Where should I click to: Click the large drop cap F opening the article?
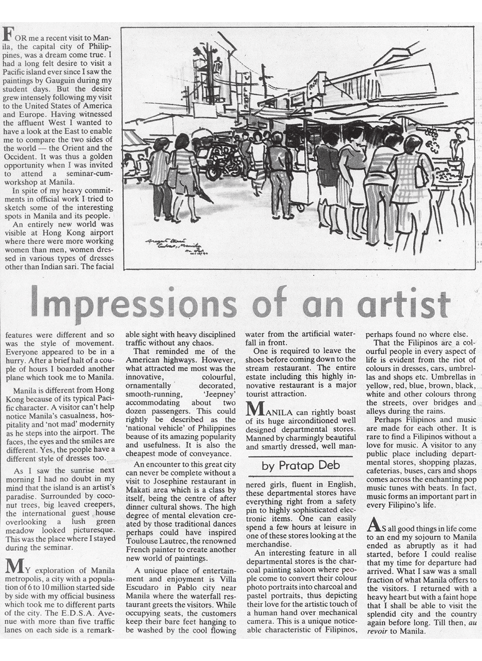pos(7,34)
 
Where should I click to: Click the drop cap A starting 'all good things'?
pos(372,524)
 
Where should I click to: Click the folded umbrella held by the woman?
pos(205,195)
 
